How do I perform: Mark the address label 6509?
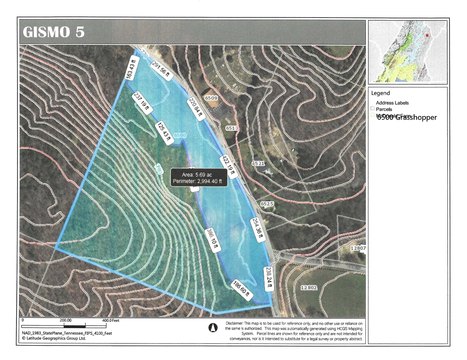[211, 97]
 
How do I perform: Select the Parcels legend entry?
[385, 109]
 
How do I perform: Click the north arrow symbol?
[211, 326]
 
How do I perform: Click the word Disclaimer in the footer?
[237, 321]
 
